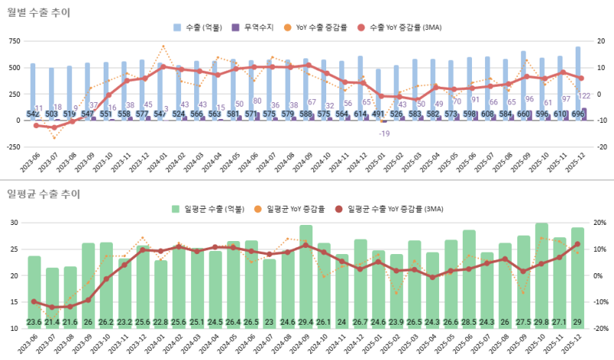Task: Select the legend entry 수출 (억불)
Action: coord(201,28)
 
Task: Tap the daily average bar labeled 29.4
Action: coord(305,276)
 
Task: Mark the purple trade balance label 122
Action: coord(584,95)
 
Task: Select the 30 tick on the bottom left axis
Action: coord(14,223)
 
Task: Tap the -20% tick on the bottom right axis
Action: coord(601,329)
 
